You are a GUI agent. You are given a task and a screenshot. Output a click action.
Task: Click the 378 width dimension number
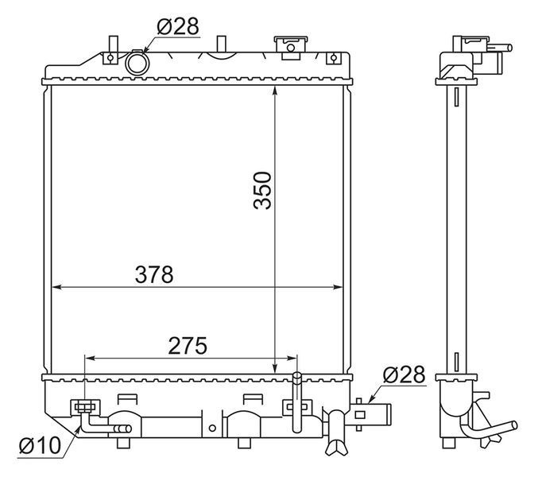pyautogui.click(x=154, y=274)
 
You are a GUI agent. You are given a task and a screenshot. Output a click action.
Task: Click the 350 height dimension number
pyautogui.click(x=262, y=191)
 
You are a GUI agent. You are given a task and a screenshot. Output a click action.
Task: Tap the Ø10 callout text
pyautogui.click(x=40, y=445)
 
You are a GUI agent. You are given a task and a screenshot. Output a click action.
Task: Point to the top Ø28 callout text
pyautogui.click(x=178, y=26)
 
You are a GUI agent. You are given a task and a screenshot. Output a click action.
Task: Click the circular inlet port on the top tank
pyautogui.click(x=137, y=63)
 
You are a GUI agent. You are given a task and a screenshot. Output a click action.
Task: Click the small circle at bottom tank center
pyautogui.click(x=212, y=428)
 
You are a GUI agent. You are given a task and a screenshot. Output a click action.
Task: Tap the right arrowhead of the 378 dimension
pyautogui.click(x=338, y=287)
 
